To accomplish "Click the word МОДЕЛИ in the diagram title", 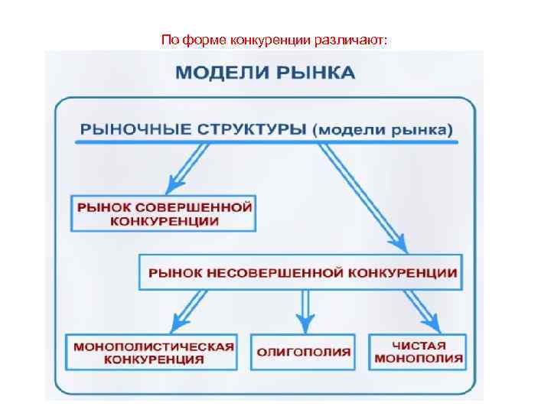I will [219, 73].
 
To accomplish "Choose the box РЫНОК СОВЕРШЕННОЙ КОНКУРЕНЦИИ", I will [163, 213].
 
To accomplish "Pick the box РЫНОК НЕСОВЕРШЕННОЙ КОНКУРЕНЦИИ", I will [300, 272].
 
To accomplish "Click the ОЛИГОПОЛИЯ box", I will [303, 352].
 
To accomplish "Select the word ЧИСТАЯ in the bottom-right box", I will [418, 345].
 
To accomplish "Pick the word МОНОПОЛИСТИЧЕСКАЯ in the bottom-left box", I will [152, 345].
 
